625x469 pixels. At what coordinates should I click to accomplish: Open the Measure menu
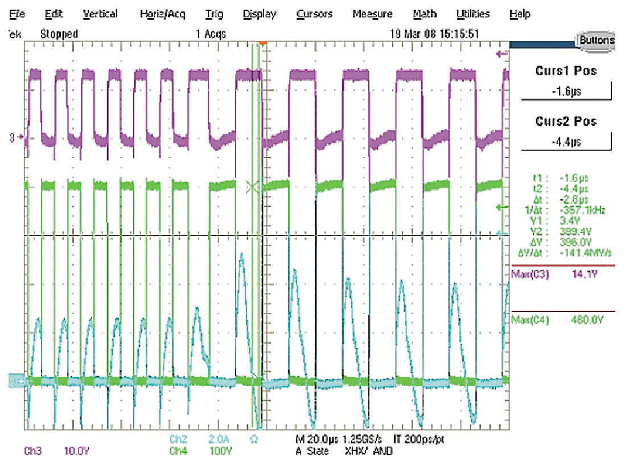pos(372,14)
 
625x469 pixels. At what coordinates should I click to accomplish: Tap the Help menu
pos(520,14)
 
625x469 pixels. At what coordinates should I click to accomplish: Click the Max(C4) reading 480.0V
pos(586,320)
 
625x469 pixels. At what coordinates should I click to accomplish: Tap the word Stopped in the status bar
pos(59,34)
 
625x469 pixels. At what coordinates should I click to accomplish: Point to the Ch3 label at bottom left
pos(33,451)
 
